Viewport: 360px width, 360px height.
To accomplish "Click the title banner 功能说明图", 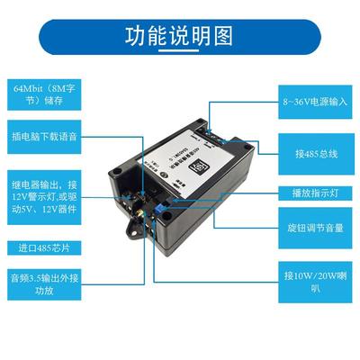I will click(180, 37).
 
